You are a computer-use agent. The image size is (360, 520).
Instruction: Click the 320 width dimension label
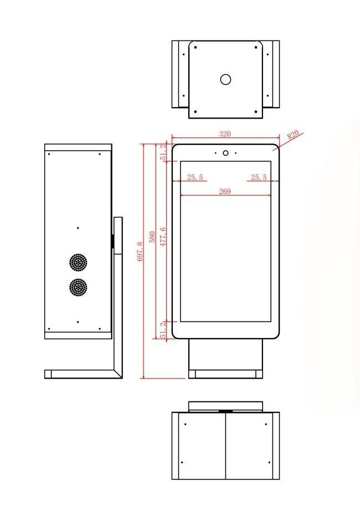tap(225, 134)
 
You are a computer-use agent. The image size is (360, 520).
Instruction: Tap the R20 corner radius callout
tap(293, 135)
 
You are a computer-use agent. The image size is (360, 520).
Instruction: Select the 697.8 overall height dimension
tap(140, 251)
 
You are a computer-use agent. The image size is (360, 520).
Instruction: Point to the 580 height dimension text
tap(152, 237)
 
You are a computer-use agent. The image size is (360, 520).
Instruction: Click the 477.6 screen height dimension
tap(163, 237)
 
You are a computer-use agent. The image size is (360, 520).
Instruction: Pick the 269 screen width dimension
tap(225, 191)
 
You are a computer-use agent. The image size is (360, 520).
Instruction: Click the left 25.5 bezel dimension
tap(195, 177)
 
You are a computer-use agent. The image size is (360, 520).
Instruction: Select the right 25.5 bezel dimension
tap(259, 177)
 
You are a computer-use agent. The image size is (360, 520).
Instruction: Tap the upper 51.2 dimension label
tap(163, 152)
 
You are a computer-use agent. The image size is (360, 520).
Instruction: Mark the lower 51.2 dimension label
tap(163, 330)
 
